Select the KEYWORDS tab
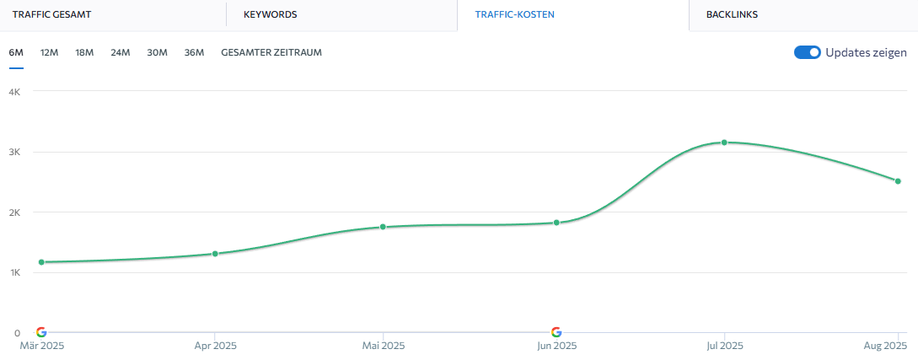[x=270, y=14]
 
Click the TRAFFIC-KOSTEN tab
[x=514, y=14]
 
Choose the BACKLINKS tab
[x=732, y=14]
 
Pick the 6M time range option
[x=16, y=52]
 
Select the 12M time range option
[x=49, y=52]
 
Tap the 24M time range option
[x=120, y=52]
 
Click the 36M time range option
[x=194, y=52]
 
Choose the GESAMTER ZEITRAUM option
[x=271, y=52]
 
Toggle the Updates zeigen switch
[x=807, y=52]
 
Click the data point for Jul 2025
[x=724, y=142]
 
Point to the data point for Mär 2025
[x=41, y=262]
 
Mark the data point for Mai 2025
[x=383, y=227]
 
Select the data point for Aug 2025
[x=898, y=181]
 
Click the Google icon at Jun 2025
[x=556, y=332]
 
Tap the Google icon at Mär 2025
[x=41, y=332]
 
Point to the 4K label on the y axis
[x=13, y=91]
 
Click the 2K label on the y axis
[x=13, y=212]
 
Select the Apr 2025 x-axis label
[x=215, y=346]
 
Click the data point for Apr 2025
[x=215, y=254]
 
